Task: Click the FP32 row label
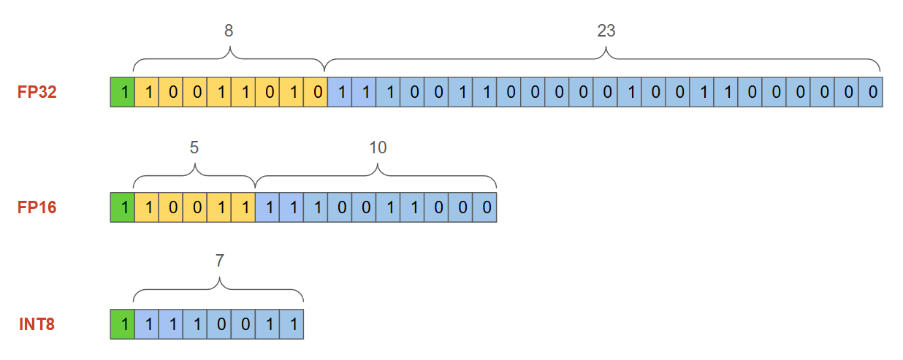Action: click(x=37, y=93)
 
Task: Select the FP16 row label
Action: click(x=37, y=207)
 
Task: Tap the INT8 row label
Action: click(x=37, y=323)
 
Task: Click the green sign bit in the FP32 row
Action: click(x=123, y=93)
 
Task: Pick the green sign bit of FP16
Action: click(x=123, y=207)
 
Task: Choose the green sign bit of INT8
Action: click(x=123, y=323)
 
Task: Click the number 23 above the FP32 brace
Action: click(x=606, y=31)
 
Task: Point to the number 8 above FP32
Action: click(x=229, y=31)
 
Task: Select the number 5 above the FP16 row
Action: click(x=194, y=147)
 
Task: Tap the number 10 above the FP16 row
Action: click(x=378, y=147)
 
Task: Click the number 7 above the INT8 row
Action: click(x=218, y=261)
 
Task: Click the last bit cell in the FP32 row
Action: click(x=872, y=93)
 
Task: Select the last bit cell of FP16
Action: click(x=485, y=207)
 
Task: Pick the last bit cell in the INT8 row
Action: click(x=292, y=323)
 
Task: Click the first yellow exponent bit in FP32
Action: click(x=147, y=93)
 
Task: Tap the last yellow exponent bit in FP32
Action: click(x=316, y=93)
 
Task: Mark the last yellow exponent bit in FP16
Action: click(x=243, y=207)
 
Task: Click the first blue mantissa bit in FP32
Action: click(x=340, y=93)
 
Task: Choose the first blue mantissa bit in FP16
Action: click(x=267, y=207)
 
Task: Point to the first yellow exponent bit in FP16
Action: click(x=147, y=207)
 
